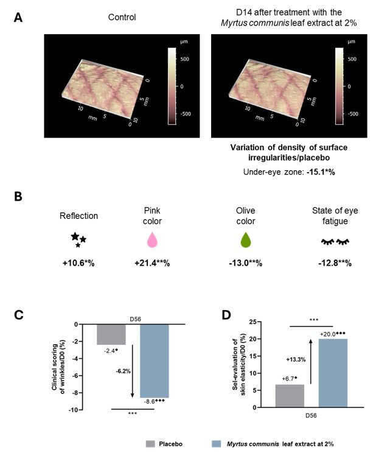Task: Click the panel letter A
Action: [x=18, y=17]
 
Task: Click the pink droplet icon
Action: [x=152, y=240]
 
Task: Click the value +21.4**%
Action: [x=152, y=263]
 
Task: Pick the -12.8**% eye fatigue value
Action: [x=335, y=263]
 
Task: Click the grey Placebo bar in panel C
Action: [x=111, y=334]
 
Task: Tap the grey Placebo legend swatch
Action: [x=151, y=444]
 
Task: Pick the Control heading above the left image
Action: [x=122, y=17]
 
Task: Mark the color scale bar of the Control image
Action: [x=172, y=86]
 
